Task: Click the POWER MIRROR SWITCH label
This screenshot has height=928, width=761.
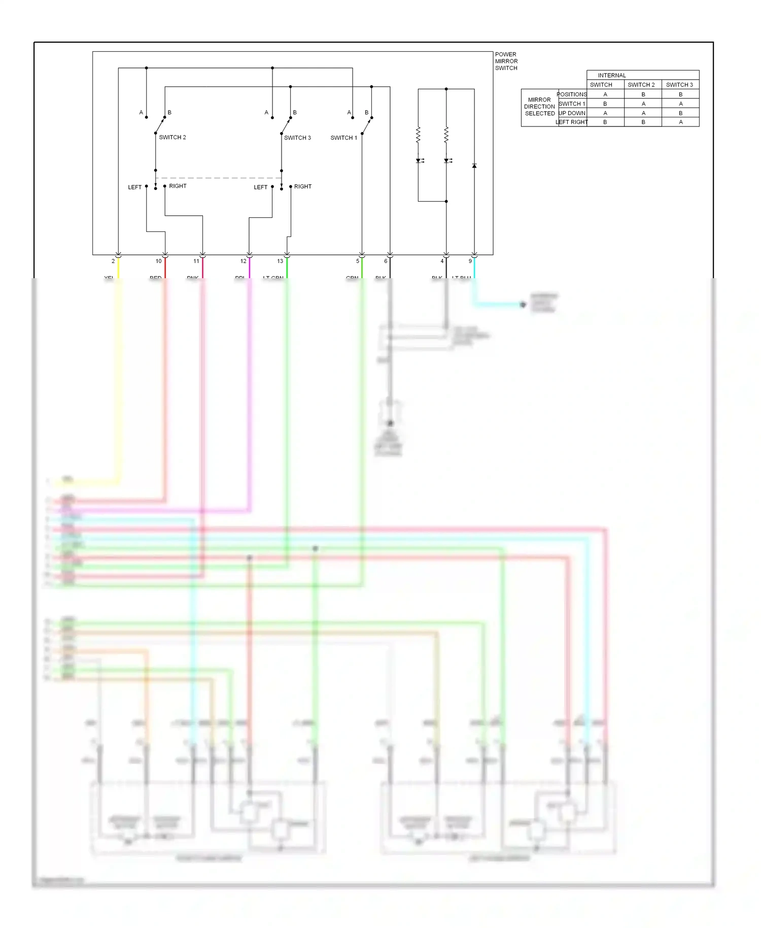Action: coord(506,61)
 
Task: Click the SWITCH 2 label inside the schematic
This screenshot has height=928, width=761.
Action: coord(172,138)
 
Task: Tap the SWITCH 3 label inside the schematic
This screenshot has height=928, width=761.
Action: coord(297,138)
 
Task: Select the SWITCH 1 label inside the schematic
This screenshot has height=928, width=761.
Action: coord(343,138)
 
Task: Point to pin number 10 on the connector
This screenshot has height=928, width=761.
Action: coord(158,261)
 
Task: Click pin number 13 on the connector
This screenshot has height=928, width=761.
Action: coord(280,261)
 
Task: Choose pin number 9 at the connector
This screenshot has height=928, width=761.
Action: coord(470,261)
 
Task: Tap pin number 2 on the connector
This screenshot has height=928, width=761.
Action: coord(113,261)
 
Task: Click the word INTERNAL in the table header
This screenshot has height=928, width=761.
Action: coord(611,75)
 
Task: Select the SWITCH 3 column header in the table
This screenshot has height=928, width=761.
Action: coord(679,85)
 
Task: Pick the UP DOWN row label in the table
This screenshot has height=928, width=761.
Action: coord(572,113)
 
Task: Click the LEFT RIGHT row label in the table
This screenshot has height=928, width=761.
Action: coord(572,122)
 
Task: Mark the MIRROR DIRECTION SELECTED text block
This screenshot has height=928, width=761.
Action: coord(539,107)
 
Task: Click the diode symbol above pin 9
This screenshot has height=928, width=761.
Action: coord(474,166)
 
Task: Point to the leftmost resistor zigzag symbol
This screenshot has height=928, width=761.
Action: coord(418,135)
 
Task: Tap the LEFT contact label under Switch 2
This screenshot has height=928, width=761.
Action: coord(134,187)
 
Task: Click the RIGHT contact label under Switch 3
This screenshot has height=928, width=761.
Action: coord(303,187)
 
